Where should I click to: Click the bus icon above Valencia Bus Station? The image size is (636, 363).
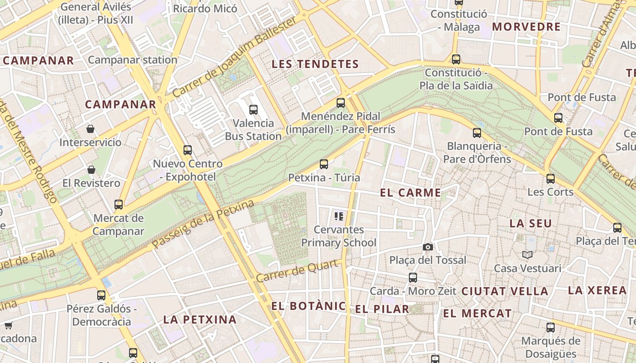point(253,109)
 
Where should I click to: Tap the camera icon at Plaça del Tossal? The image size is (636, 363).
point(427,247)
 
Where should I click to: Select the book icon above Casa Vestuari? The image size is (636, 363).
point(527,255)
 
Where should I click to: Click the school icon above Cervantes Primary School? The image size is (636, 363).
point(338,216)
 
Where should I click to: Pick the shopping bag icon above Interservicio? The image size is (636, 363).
point(90,129)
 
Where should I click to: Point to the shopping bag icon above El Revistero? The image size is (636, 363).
point(91,170)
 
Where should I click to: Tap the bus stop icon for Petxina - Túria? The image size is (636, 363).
point(324,164)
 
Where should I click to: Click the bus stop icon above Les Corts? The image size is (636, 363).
point(551,178)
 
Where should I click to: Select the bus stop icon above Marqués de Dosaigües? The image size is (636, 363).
point(551,327)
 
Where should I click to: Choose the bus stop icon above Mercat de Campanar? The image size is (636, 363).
point(119,204)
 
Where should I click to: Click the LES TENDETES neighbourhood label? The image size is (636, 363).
point(315,64)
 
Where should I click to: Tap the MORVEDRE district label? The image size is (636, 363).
point(527,27)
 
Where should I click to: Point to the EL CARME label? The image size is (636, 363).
point(411,193)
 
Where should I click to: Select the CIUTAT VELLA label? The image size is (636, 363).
point(505,291)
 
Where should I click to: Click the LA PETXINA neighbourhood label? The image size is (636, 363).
point(200,319)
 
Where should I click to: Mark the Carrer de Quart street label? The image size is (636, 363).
point(298,271)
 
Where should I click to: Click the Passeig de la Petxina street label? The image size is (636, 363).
point(203,225)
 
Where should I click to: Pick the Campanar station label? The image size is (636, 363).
point(133,60)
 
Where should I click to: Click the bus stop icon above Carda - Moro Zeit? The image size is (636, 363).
point(413,277)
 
